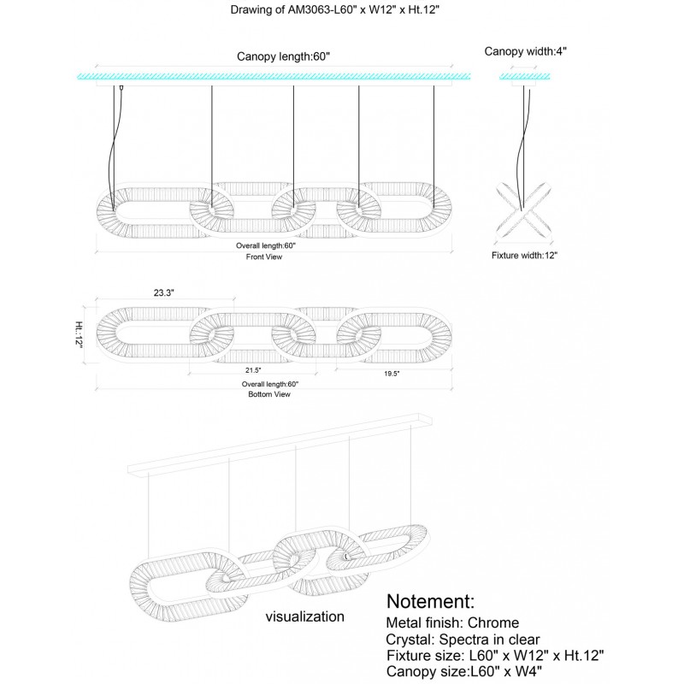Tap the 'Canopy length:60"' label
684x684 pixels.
(282, 57)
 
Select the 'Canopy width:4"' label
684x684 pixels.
(526, 51)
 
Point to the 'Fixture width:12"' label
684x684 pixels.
(524, 255)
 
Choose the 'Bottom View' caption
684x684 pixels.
(271, 394)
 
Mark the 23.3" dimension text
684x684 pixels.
(164, 292)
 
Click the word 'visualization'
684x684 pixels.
(305, 616)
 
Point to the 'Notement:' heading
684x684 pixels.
(430, 601)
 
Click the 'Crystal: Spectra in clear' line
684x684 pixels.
(463, 639)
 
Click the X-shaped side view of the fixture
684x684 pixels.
(522, 209)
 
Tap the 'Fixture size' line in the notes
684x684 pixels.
(495, 655)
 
